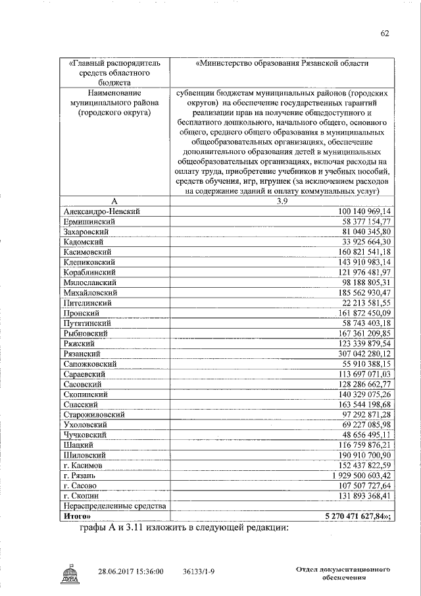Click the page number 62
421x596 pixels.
(x=385, y=34)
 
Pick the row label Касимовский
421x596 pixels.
(x=87, y=252)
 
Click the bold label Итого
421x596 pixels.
(x=77, y=516)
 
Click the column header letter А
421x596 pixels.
(x=114, y=201)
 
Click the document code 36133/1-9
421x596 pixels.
(x=203, y=572)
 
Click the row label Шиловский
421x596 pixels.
(x=85, y=455)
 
